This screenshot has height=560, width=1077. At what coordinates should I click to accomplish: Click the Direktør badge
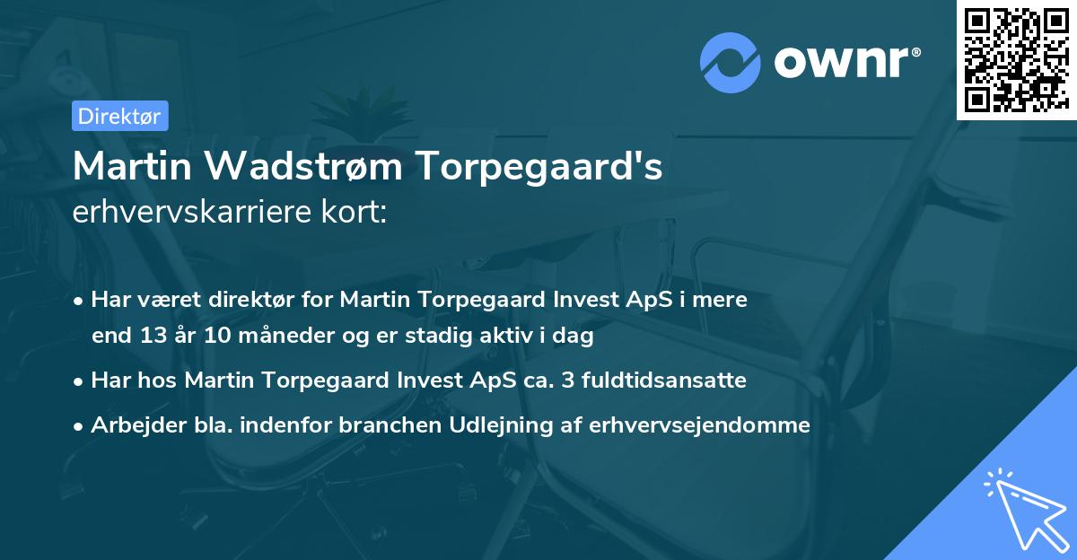pyautogui.click(x=119, y=116)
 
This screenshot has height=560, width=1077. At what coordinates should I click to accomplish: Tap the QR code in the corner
pyautogui.click(x=1016, y=59)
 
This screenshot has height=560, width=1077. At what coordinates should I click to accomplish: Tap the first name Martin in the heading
pyautogui.click(x=132, y=167)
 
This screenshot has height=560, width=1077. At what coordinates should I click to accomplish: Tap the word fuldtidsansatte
pyautogui.click(x=666, y=381)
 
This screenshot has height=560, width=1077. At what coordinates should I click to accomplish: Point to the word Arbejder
pyautogui.click(x=128, y=425)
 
